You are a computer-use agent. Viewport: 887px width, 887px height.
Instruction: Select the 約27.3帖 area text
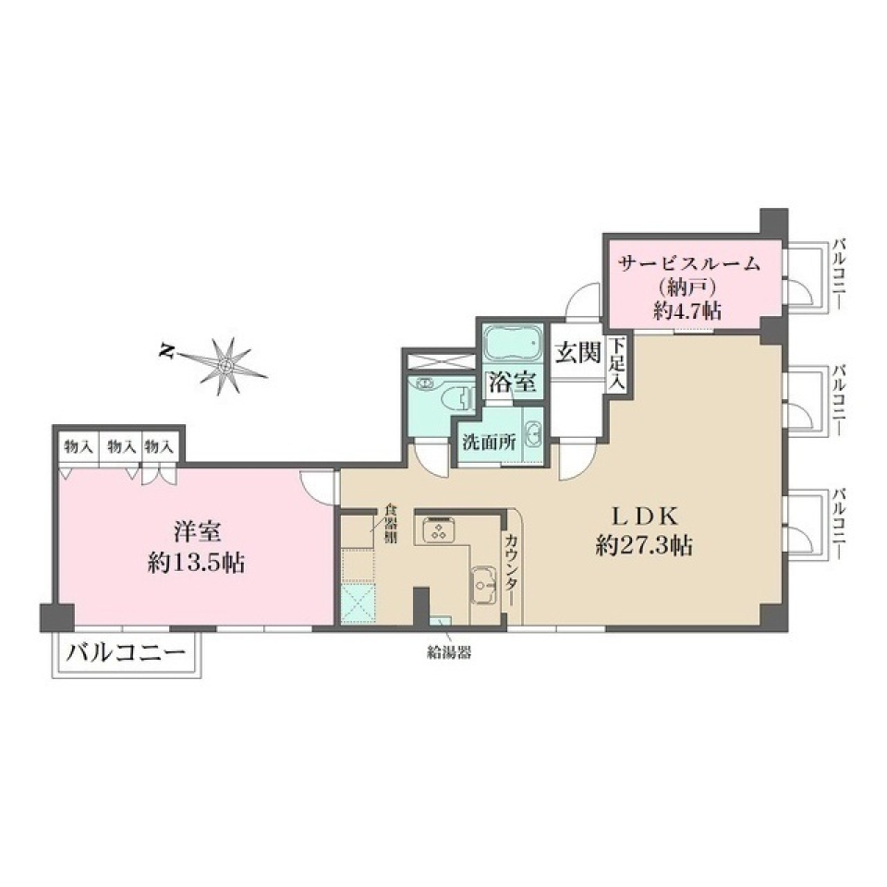click(x=644, y=546)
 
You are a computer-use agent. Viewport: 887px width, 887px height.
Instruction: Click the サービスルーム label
click(x=690, y=263)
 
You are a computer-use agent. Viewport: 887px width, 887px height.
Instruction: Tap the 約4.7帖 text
click(x=687, y=310)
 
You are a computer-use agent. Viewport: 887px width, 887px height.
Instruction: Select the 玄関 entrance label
click(x=578, y=352)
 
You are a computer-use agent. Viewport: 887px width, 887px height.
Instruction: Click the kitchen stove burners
click(x=437, y=530)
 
